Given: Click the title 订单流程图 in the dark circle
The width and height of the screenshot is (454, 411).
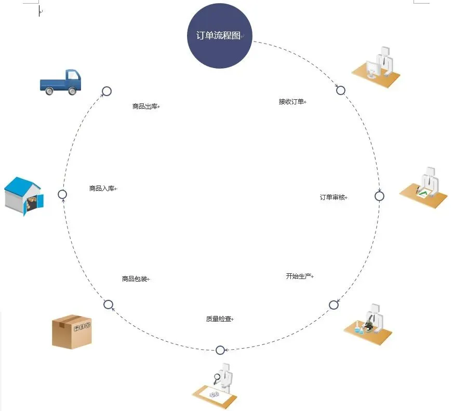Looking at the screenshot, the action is (x=218, y=35).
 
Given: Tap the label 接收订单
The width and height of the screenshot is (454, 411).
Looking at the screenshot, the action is (x=291, y=102).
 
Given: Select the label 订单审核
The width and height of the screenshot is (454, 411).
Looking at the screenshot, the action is (x=332, y=197).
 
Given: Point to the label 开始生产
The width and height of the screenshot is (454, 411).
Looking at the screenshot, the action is (x=299, y=276).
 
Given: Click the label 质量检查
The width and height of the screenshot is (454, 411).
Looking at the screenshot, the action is (x=219, y=319).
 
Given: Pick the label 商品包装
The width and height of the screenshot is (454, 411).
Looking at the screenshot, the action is (x=135, y=279).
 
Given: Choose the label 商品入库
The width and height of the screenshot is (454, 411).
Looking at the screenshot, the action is (x=102, y=189).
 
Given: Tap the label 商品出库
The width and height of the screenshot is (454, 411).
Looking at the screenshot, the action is (x=145, y=107).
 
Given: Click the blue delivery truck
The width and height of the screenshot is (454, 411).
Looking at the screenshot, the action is (x=60, y=82).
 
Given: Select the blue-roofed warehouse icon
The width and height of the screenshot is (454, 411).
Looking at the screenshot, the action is (x=24, y=196).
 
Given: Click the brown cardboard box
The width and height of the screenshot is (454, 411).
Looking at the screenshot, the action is (x=72, y=332).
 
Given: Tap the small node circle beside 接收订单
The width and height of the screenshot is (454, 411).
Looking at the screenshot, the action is (x=341, y=90).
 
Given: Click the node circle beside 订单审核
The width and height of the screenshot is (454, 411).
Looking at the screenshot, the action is (x=379, y=196).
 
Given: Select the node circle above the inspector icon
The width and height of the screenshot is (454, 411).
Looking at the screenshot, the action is (x=220, y=350).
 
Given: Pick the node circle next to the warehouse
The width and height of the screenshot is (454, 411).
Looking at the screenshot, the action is (x=62, y=194).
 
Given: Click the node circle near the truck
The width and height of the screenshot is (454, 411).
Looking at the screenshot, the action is (x=107, y=91).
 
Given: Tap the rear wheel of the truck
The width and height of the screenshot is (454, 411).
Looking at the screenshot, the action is (x=49, y=91).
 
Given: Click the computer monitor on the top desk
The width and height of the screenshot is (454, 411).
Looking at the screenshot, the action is (x=373, y=69).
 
